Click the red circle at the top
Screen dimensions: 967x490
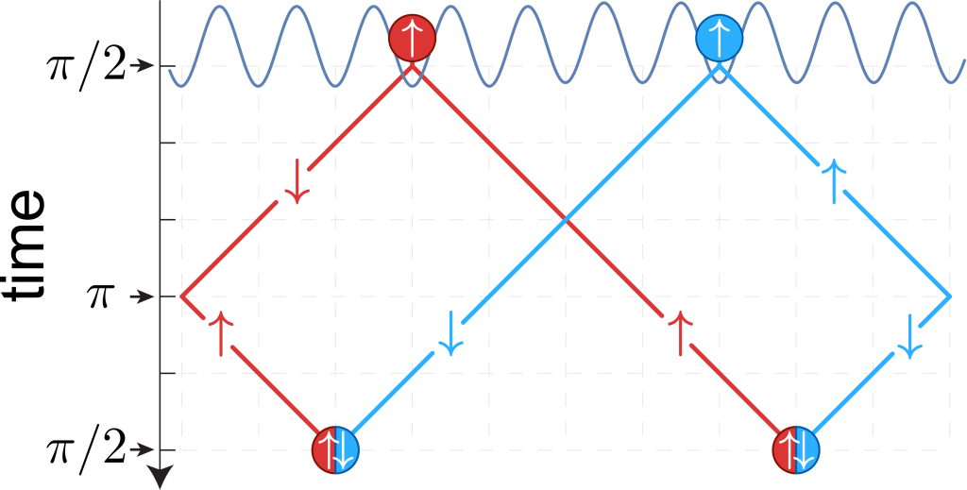(412, 38)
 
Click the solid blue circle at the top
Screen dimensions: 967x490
(719, 38)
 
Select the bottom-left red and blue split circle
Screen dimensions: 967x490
(335, 449)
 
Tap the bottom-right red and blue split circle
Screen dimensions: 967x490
(796, 449)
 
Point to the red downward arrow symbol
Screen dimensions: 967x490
(297, 181)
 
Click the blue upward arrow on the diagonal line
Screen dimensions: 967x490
(835, 181)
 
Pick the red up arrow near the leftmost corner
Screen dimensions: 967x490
(221, 333)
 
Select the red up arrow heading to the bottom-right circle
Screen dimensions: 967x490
(681, 333)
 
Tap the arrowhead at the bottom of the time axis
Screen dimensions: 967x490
(160, 478)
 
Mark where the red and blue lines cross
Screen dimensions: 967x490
(566, 219)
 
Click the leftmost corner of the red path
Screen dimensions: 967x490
(181, 296)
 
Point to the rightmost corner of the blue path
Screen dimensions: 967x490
(950, 296)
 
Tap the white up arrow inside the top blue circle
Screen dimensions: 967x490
(719, 38)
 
